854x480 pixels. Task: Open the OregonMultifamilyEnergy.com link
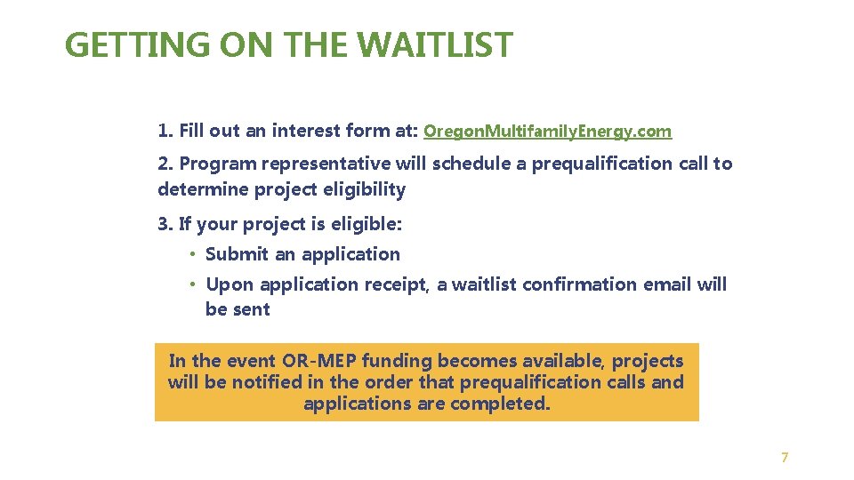tap(547, 132)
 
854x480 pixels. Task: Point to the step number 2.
tap(164, 164)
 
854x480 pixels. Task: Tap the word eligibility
tap(365, 189)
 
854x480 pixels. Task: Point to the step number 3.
tap(164, 224)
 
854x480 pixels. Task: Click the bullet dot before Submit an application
tap(191, 255)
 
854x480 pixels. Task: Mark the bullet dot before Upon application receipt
tap(191, 285)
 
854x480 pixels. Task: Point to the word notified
tap(267, 382)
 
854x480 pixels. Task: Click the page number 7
tap(784, 458)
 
